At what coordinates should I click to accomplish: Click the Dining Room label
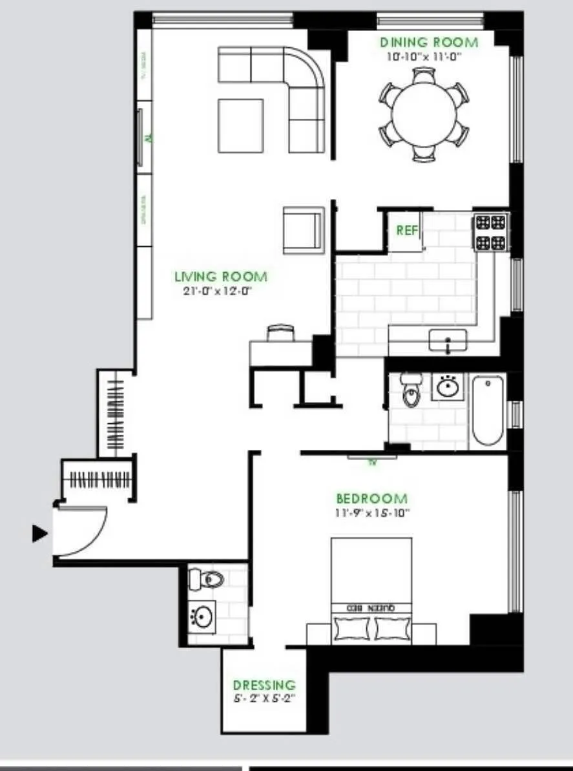[x=429, y=43]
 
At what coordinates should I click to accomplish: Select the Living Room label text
[x=220, y=277]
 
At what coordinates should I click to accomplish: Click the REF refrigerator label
[x=407, y=230]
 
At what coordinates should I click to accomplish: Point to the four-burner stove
[x=490, y=233]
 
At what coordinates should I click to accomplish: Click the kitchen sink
[x=448, y=340]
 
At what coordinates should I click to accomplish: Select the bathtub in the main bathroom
[x=488, y=411]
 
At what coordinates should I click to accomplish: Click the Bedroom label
[x=371, y=499]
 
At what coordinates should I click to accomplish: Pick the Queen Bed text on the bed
[x=371, y=608]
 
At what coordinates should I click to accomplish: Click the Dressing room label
[x=264, y=685]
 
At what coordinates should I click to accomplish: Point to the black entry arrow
[x=40, y=534]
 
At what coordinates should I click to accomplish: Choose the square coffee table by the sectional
[x=240, y=125]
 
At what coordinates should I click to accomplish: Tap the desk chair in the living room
[x=280, y=332]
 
